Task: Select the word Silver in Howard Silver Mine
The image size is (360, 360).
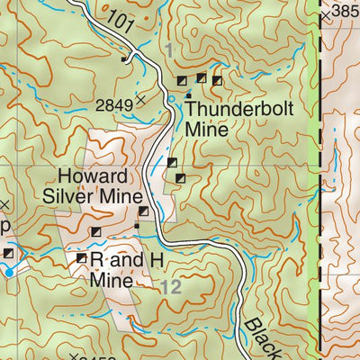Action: pos(78,195)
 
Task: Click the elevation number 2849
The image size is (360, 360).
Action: pos(114,105)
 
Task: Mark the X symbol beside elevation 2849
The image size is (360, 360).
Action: pos(140,99)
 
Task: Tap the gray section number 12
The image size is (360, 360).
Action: pos(172,287)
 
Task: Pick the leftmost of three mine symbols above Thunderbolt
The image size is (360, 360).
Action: pos(183,81)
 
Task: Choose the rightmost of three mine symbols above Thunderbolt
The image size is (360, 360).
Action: pos(217,81)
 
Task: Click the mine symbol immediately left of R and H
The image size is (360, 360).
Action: pos(81,258)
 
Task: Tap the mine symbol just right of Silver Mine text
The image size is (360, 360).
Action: pos(142,212)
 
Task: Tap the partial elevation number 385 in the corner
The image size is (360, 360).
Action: pos(346,12)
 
